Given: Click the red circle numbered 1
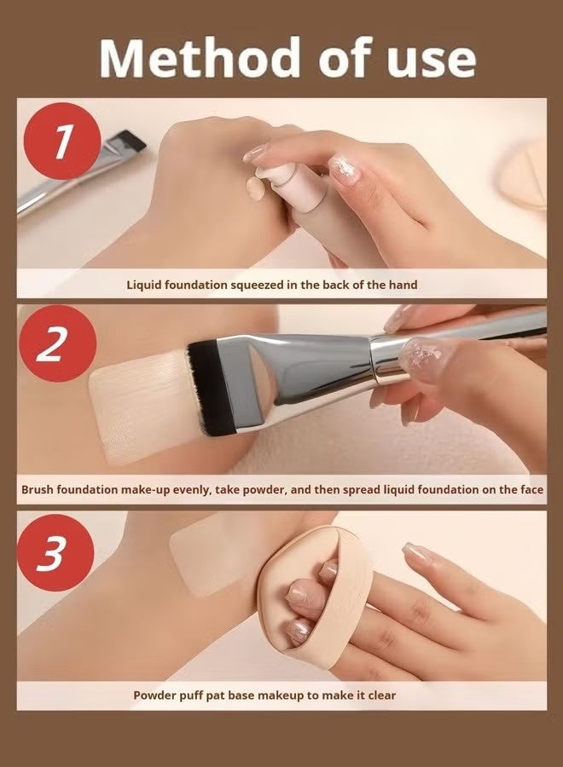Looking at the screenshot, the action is [61, 141].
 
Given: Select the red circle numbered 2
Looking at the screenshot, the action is [57, 344].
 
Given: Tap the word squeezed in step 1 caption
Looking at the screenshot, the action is [257, 285].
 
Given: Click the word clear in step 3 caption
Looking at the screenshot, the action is [381, 695].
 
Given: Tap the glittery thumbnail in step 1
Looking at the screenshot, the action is [344, 166].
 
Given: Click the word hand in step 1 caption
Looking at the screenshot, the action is [403, 285].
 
